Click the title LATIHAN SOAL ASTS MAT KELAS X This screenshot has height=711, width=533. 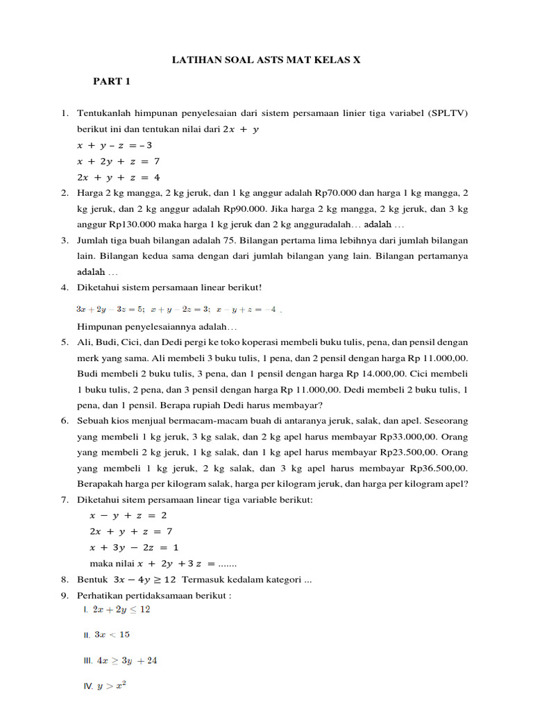coord(266,60)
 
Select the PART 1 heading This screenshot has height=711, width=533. coord(112,81)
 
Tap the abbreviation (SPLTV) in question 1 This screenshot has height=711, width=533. coord(448,112)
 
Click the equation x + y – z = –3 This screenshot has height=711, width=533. coord(115,145)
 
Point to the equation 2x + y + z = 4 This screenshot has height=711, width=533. coord(118,177)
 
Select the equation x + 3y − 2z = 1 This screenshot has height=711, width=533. coord(129,547)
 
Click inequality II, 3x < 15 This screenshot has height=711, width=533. coord(112,634)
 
